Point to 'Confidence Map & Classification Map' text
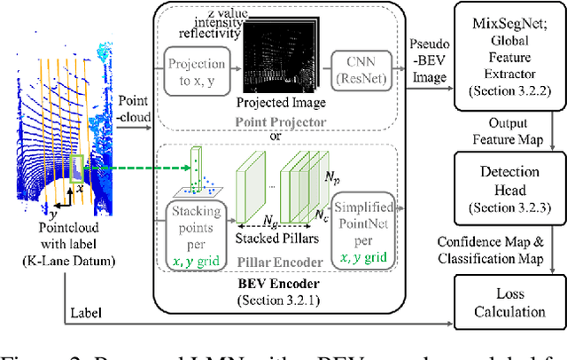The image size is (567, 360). (502, 248)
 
